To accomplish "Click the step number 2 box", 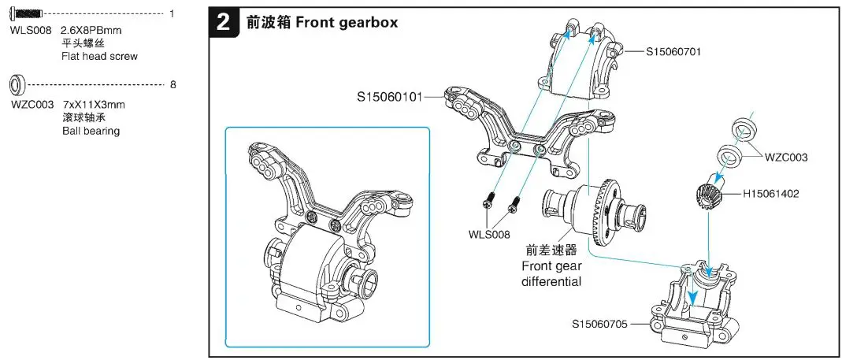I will coord(224,23).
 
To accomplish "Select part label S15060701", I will coord(673,51).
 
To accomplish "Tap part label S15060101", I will coord(389,97).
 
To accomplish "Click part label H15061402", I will coord(770,193).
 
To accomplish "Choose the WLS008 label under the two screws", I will coord(489,234).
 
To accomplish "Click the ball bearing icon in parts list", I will coord(18,84).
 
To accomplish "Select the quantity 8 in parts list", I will coord(172,84).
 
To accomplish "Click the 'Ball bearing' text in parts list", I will coord(91,131).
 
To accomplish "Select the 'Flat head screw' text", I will coord(99,56).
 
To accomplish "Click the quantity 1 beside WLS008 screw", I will coord(172,14).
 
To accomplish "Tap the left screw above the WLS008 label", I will coord(489,202).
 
